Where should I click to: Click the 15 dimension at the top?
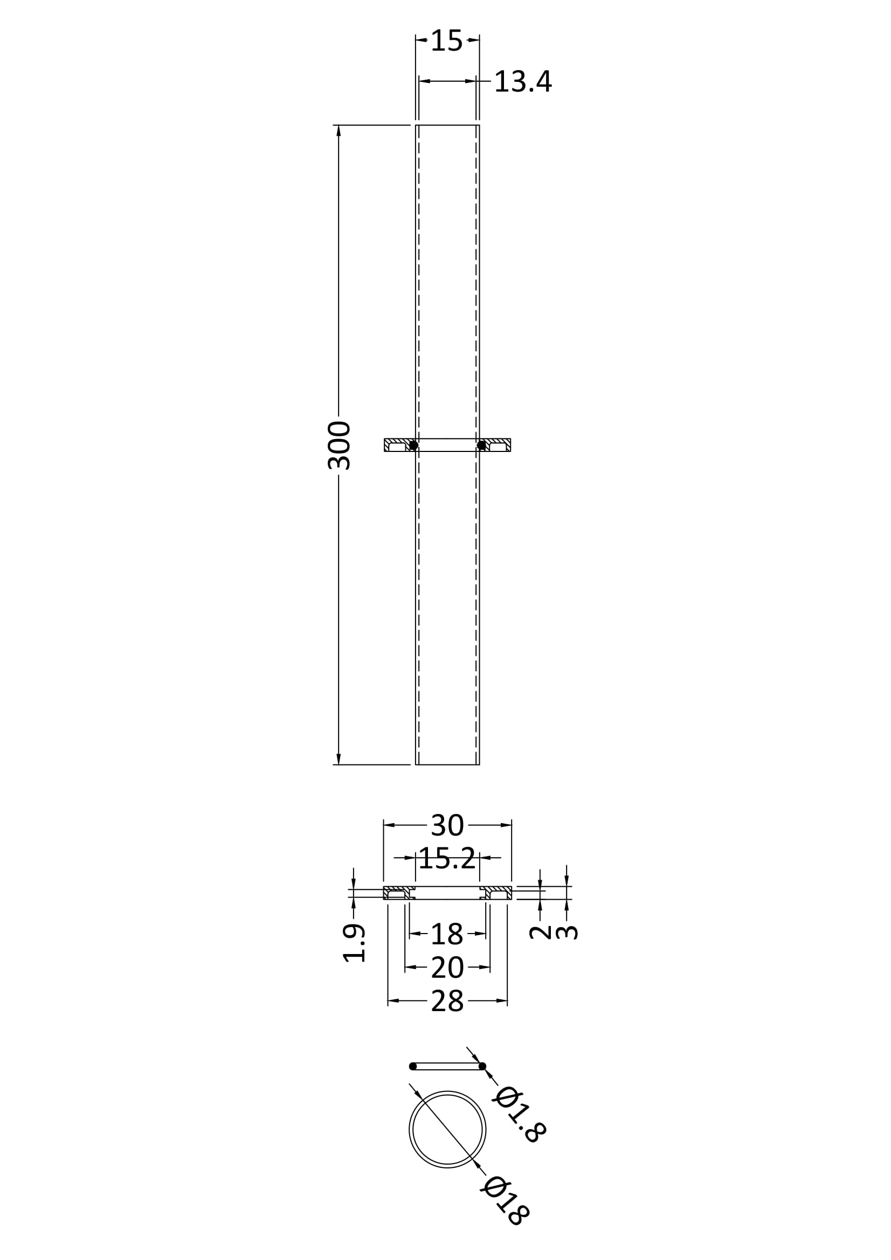point(446,41)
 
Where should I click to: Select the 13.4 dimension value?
point(523,82)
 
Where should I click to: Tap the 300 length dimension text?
point(339,445)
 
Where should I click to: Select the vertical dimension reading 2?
point(540,931)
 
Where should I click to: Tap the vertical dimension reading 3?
point(567,932)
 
